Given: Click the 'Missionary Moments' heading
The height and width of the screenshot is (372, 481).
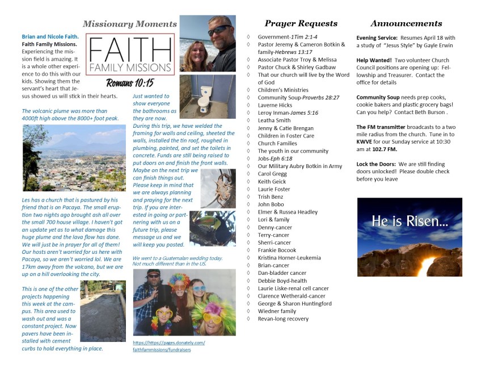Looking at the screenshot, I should pyautogui.click(x=130, y=24).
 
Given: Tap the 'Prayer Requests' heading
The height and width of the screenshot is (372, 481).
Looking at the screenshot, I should pyautogui.click(x=301, y=23).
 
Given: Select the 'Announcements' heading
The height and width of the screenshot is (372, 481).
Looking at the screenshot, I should pyautogui.click(x=406, y=23).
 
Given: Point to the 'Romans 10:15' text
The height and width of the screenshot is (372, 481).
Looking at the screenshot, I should pyautogui.click(x=129, y=83).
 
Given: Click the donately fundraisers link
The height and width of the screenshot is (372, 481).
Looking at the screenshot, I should pyautogui.click(x=168, y=346).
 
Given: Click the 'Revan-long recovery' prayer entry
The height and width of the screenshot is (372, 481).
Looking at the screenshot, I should pyautogui.click(x=283, y=319).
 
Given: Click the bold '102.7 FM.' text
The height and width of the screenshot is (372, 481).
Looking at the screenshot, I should pyautogui.click(x=384, y=149).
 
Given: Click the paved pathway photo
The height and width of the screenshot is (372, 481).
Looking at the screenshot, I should pyautogui.click(x=103, y=311).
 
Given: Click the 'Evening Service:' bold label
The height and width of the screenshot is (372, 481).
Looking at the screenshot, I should pyautogui.click(x=378, y=37).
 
